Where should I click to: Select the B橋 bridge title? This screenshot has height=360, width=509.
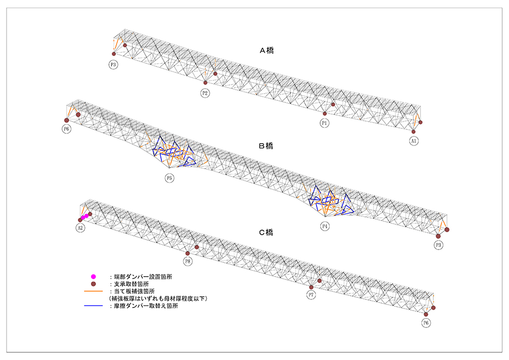click(x=266, y=146)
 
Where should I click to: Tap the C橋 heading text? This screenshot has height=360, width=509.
click(x=266, y=233)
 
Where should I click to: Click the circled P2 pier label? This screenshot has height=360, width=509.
click(x=205, y=93)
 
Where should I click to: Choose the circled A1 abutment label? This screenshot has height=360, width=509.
click(x=414, y=141)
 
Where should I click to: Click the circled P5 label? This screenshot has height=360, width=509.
click(x=169, y=178)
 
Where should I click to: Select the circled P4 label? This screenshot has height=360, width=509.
click(x=325, y=226)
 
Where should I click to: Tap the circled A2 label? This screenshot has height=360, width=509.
click(x=80, y=228)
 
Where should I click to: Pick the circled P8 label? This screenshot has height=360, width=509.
click(x=188, y=261)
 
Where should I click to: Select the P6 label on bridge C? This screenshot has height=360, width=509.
click(x=426, y=323)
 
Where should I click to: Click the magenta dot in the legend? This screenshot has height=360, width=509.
click(x=93, y=276)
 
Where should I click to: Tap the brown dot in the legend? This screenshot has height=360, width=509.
click(x=93, y=283)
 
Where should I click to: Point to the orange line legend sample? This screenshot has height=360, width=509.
click(x=93, y=291)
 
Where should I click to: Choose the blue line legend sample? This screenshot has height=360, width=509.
click(x=93, y=307)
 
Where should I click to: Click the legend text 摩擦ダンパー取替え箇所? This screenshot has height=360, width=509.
click(x=143, y=307)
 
